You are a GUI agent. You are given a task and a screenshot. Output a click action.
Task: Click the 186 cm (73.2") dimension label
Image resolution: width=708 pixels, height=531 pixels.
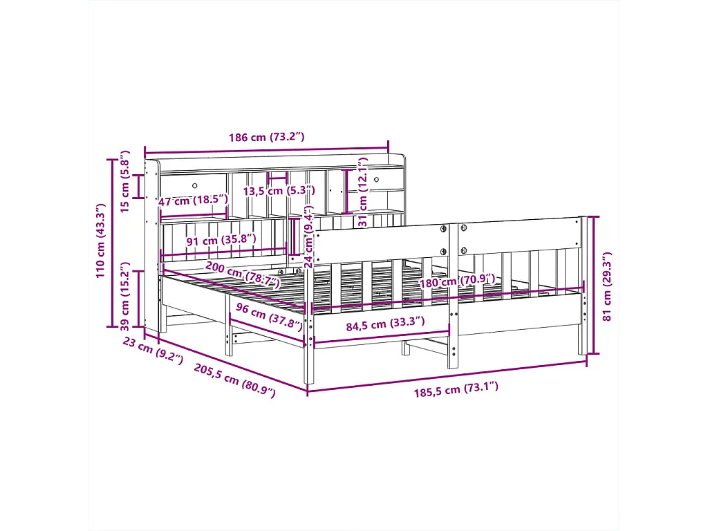tap(266, 137)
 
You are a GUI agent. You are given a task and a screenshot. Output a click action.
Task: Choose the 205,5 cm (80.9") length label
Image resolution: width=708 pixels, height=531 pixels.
tap(234, 380)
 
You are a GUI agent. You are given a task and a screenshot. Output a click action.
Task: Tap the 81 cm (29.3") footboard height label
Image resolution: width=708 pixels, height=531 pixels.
tap(607, 285)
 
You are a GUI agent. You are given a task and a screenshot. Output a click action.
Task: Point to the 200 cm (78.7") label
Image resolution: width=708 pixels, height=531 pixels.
tap(242, 275)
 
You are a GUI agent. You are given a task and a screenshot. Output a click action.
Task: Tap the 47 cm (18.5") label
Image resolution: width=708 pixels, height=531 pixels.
tap(192, 201)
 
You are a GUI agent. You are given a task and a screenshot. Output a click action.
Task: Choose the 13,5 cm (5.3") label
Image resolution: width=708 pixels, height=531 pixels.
tap(279, 190)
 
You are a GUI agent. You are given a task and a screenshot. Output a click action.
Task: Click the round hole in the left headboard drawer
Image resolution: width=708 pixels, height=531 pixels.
tap(195, 185)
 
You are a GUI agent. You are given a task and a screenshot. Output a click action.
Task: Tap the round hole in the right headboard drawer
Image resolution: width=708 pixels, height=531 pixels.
tap(376, 180)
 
